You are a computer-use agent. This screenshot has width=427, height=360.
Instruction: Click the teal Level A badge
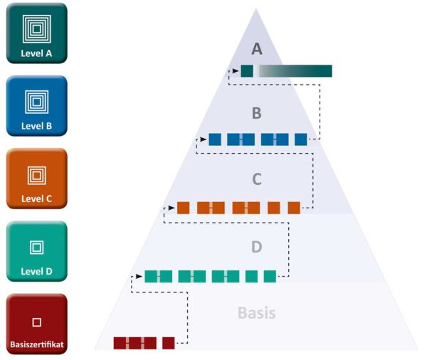tap(36, 33)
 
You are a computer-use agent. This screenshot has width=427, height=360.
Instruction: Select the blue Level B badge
tap(36, 105)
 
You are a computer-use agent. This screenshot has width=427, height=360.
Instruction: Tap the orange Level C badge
tap(36, 178)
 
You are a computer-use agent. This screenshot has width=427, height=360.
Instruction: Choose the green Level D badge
tap(36, 250)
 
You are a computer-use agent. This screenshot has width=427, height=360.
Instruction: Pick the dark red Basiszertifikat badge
tap(36, 324)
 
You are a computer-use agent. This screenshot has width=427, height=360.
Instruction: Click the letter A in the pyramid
tap(258, 48)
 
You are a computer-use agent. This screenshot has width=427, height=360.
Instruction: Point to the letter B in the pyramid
tap(258, 112)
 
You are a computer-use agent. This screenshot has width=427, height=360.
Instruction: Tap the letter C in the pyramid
tap(258, 179)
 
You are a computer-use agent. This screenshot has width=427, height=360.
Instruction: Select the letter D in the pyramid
tap(258, 247)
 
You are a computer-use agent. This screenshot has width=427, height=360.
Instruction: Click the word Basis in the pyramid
tap(256, 312)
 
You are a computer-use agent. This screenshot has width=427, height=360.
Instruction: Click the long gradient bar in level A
tap(295, 71)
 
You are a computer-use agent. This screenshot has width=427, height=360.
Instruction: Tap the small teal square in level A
tap(247, 71)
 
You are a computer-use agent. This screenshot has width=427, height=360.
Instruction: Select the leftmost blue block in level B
tap(214, 139)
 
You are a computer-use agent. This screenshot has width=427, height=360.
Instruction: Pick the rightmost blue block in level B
tap(300, 139)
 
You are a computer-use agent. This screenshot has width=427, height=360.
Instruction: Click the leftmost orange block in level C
tap(183, 208)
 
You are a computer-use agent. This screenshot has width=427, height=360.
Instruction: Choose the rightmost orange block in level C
tap(294, 208)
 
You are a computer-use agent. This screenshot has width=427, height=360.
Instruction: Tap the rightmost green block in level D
tap(270, 276)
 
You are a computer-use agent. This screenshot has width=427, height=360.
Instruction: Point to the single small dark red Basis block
tap(168, 343)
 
